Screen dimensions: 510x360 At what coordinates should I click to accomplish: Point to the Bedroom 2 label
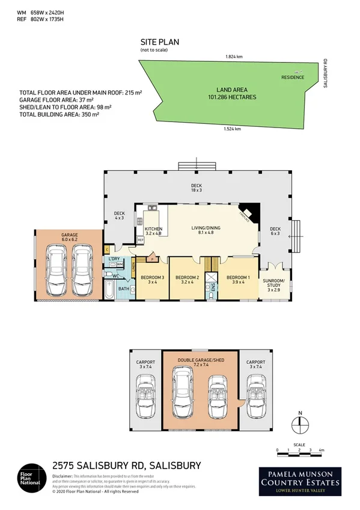tap(186, 280)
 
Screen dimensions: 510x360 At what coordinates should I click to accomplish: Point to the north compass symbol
tap(300, 424)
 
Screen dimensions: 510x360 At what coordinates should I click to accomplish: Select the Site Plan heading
tap(159, 43)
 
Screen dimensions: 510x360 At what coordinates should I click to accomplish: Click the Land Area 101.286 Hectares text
tap(231, 93)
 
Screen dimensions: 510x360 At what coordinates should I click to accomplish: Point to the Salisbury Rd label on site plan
tap(325, 73)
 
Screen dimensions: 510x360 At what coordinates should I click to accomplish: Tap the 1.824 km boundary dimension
tap(234, 57)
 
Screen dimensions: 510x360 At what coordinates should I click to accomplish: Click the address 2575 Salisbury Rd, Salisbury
tap(126, 465)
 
